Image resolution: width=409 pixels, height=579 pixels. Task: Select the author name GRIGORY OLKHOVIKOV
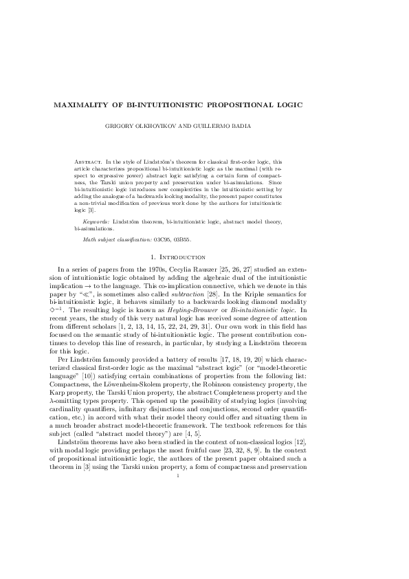click(x=170, y=127)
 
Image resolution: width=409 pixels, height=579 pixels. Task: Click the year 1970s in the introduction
click(x=142, y=268)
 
